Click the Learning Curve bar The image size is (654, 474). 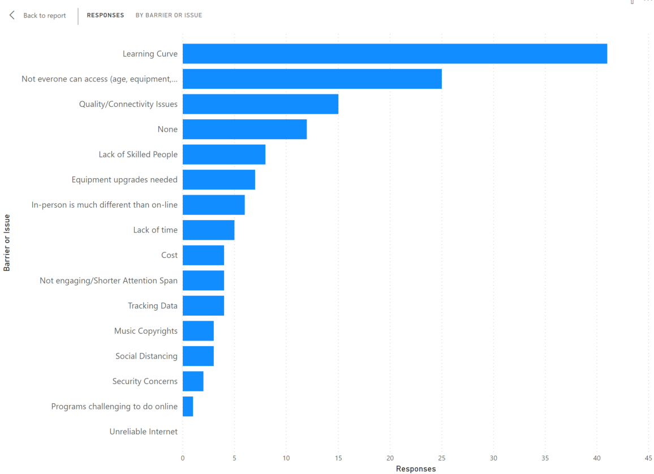click(394, 54)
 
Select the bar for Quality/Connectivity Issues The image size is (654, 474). click(260, 104)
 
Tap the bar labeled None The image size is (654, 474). click(244, 130)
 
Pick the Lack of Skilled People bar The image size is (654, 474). click(224, 154)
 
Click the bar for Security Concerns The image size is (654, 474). click(193, 381)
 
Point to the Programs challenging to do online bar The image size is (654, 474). click(188, 407)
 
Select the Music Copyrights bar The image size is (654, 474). click(198, 331)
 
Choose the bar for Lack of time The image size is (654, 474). click(208, 230)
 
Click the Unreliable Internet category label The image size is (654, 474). click(144, 432)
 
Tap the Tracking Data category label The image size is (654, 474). click(153, 306)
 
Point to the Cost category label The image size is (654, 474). click(169, 255)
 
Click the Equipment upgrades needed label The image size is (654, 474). click(124, 180)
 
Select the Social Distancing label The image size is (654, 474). click(147, 356)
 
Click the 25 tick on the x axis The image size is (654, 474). click(442, 458)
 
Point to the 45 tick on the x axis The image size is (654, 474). click(648, 458)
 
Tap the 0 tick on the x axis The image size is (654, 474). click(183, 458)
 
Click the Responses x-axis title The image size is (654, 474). click(416, 469)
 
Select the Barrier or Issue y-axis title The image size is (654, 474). click(7, 243)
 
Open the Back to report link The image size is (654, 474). click(44, 16)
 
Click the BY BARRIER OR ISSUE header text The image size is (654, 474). click(169, 15)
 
